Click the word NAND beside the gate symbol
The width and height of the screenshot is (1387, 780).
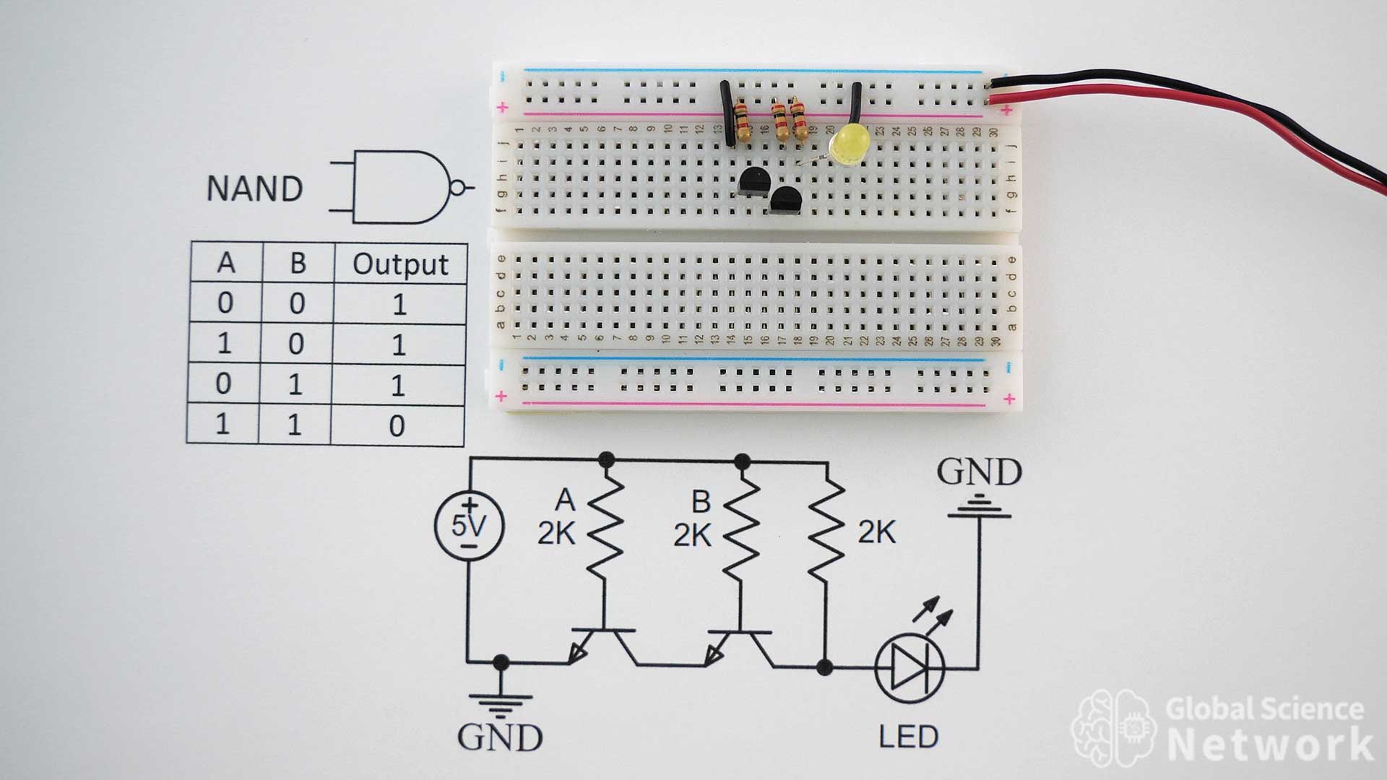[x=254, y=188]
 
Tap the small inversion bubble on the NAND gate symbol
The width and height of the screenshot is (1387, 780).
[x=456, y=188]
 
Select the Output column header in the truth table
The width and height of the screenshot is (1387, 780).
[x=400, y=264]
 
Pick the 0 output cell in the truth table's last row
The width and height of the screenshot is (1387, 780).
[x=397, y=426]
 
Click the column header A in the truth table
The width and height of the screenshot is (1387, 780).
[x=226, y=264]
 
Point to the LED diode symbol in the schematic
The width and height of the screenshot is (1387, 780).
[x=909, y=668]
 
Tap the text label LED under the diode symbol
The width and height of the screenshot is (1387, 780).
[x=908, y=737]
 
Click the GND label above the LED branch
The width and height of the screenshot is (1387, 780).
[x=979, y=472]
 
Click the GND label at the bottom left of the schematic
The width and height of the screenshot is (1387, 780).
[x=500, y=737]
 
